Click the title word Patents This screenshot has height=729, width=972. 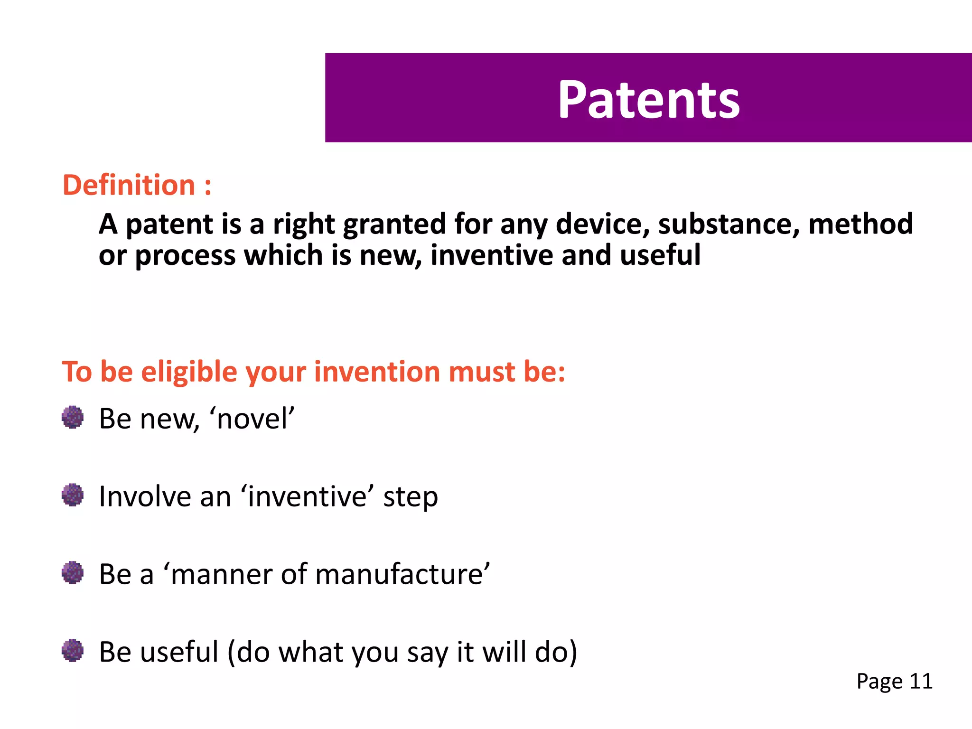tap(648, 100)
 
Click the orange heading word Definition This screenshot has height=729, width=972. tap(129, 185)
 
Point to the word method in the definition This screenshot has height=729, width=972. tap(860, 224)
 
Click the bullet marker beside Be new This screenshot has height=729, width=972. tap(73, 417)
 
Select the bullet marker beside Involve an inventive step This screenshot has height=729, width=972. tap(73, 495)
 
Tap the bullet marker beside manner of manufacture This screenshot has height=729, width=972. tap(73, 573)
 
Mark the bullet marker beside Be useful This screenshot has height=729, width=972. tap(73, 650)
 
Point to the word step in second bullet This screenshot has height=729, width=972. tap(411, 497)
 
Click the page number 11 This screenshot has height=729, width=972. tap(921, 682)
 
